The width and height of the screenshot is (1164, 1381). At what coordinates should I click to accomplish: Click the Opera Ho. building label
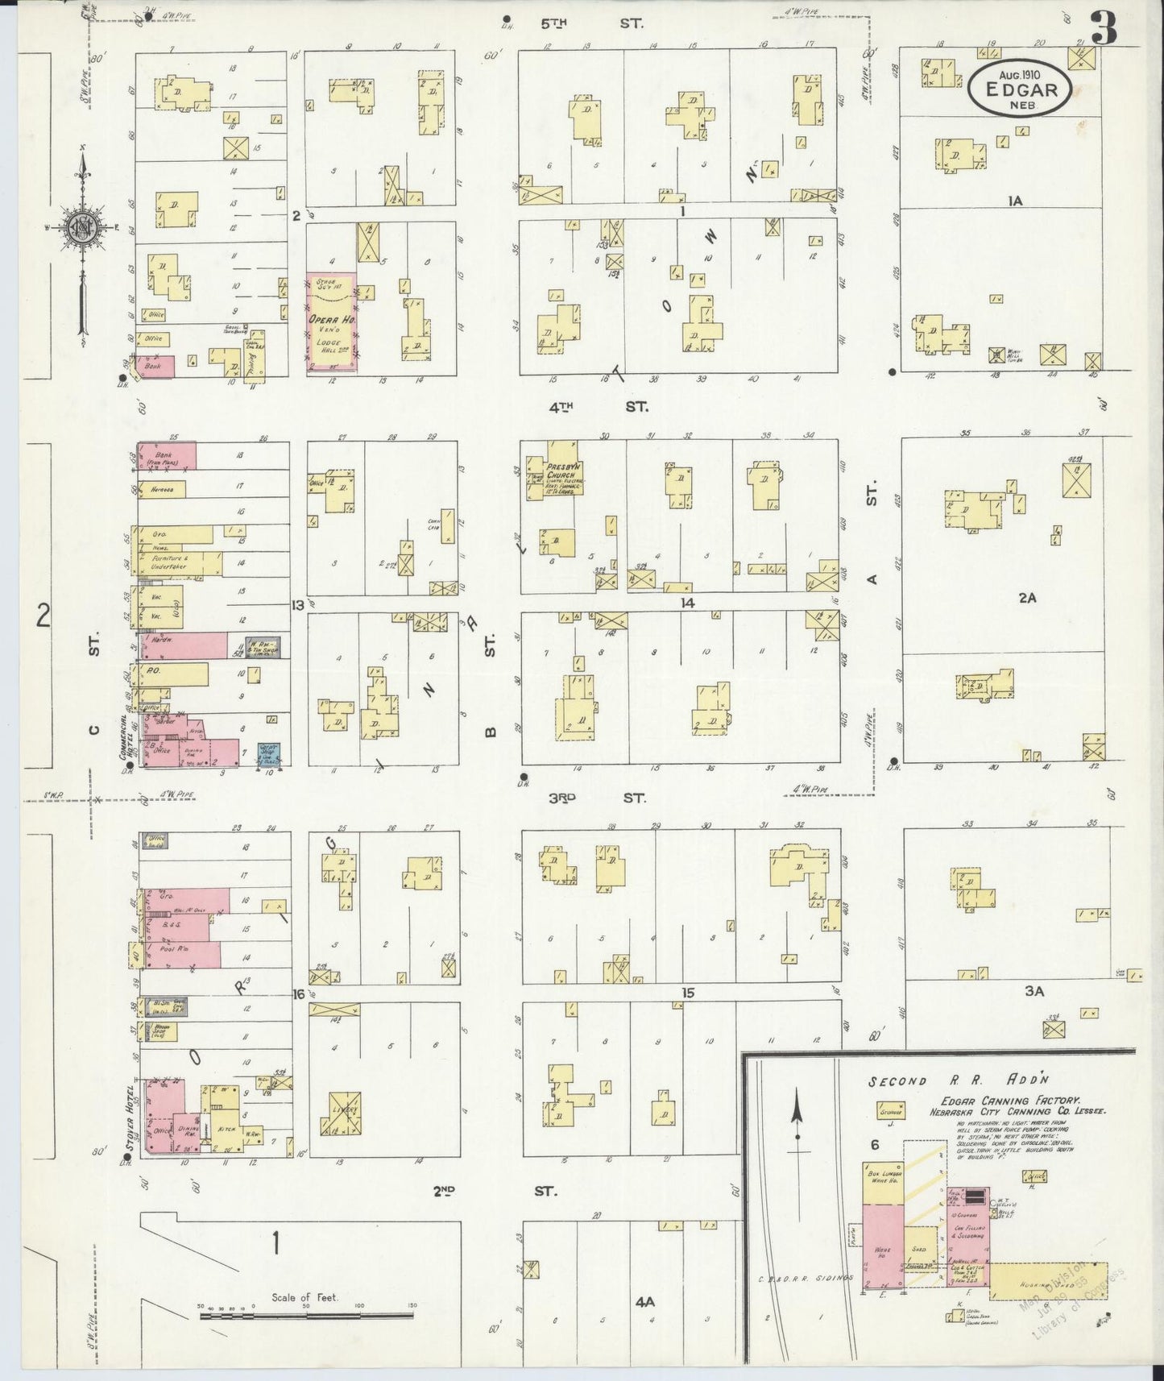point(329,319)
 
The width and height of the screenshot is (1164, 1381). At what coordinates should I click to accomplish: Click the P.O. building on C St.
point(173,671)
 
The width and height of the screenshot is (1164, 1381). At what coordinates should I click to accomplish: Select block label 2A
point(1025,597)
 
